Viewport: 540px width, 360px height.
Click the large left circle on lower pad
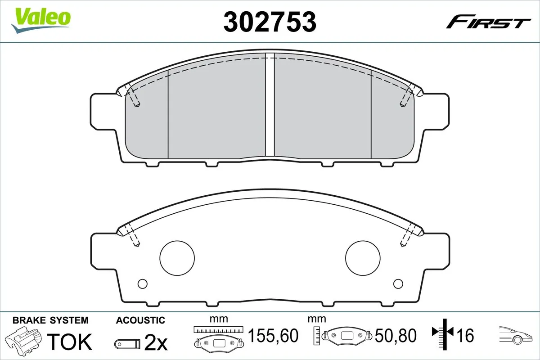coord(177,258)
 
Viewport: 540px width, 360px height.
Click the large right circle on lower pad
coord(362,258)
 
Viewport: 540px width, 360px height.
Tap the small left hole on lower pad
coord(142,283)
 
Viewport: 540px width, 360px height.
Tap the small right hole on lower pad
coord(398,283)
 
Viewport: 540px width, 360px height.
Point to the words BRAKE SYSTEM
coord(50,320)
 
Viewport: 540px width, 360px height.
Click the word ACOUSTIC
coord(140,320)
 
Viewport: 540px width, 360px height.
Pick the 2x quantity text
coord(156,343)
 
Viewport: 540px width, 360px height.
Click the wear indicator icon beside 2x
coord(128,344)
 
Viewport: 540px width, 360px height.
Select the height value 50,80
coord(396,335)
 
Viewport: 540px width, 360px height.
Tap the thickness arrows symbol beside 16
coord(443,333)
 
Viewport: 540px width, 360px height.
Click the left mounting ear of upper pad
coord(103,111)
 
